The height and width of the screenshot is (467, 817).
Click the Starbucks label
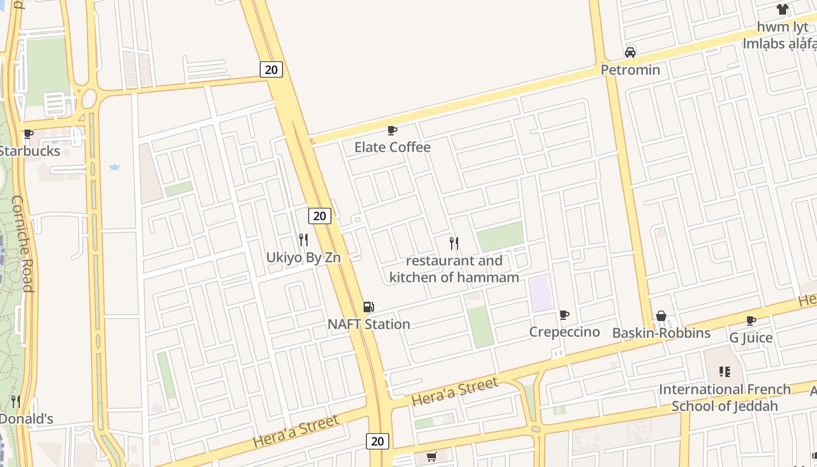[x=29, y=151]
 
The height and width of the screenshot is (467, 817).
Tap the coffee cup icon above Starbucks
[x=28, y=134]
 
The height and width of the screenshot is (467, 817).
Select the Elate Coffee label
[x=392, y=147]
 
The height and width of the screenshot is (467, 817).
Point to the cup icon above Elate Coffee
[x=392, y=130]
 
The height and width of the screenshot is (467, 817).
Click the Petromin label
[x=630, y=70]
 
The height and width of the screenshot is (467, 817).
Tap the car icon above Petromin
[x=630, y=53]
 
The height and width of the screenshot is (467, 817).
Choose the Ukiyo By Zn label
[x=303, y=257]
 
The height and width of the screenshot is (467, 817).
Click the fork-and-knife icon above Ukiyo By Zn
[x=303, y=239]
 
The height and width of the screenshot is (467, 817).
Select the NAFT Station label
[x=369, y=324]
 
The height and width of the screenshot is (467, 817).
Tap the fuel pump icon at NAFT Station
[x=369, y=307]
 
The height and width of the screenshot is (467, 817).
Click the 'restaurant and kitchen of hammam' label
[x=454, y=269]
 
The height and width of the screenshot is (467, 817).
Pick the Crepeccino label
[x=564, y=332]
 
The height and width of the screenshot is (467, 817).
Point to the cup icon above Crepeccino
[x=564, y=315]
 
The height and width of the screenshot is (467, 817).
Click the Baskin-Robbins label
[x=661, y=333]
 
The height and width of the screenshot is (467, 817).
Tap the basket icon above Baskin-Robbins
[x=661, y=316]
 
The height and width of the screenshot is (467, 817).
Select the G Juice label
[x=751, y=338]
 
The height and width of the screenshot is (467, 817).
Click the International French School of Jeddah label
[x=725, y=398]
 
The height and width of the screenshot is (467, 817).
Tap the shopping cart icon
[x=431, y=457]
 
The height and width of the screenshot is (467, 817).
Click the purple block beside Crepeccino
[x=541, y=294]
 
